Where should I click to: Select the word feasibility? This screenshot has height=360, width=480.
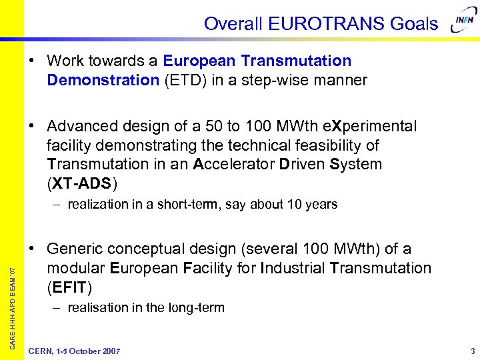tap(335, 145)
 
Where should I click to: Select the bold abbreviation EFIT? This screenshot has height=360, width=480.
tap(69, 287)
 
